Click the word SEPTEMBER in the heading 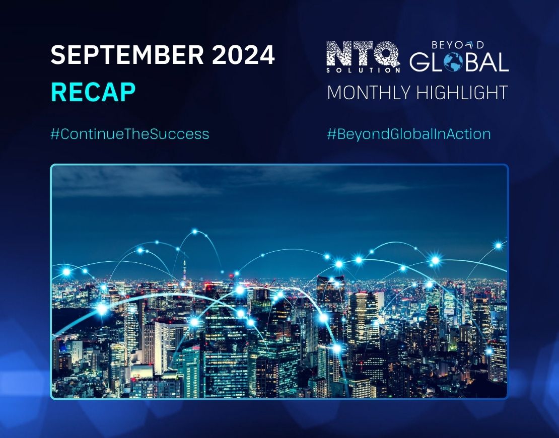(127, 54)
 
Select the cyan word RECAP (93, 93)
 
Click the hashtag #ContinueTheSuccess (129, 134)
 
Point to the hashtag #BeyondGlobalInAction (408, 134)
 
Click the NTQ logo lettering (363, 54)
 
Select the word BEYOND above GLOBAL (458, 45)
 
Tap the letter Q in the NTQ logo (388, 54)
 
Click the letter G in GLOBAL (420, 62)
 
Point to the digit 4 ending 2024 (266, 54)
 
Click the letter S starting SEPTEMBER (58, 54)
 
